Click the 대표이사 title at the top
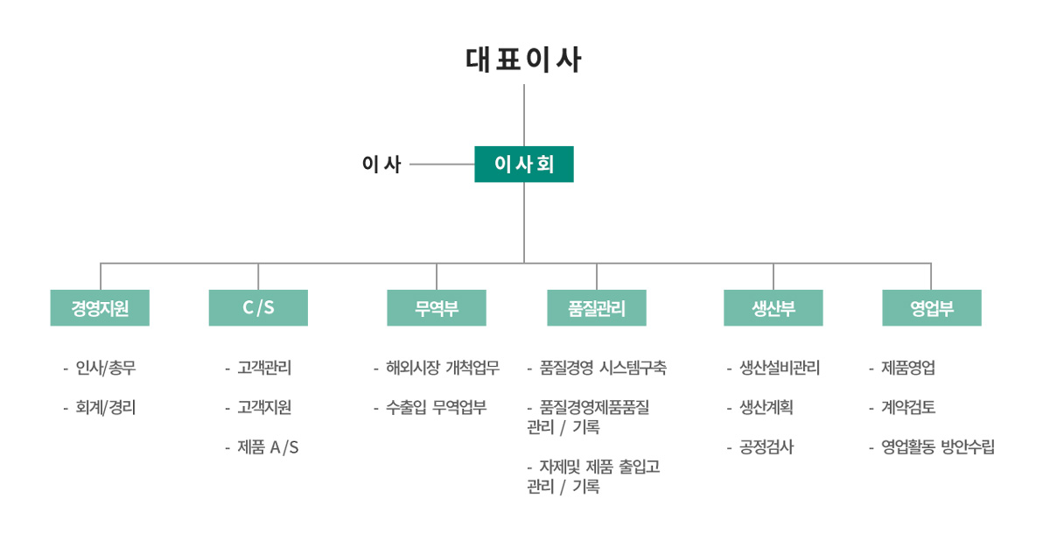pos(523,60)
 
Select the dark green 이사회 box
pos(524,164)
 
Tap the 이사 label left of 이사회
pos(381,164)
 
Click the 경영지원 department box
pos(100,307)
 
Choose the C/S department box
pos(258,307)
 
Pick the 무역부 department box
pos(437,307)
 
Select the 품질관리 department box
pos(597,307)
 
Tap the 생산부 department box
pos(773,307)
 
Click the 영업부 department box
pos(932,307)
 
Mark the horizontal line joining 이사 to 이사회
pos(442,164)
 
